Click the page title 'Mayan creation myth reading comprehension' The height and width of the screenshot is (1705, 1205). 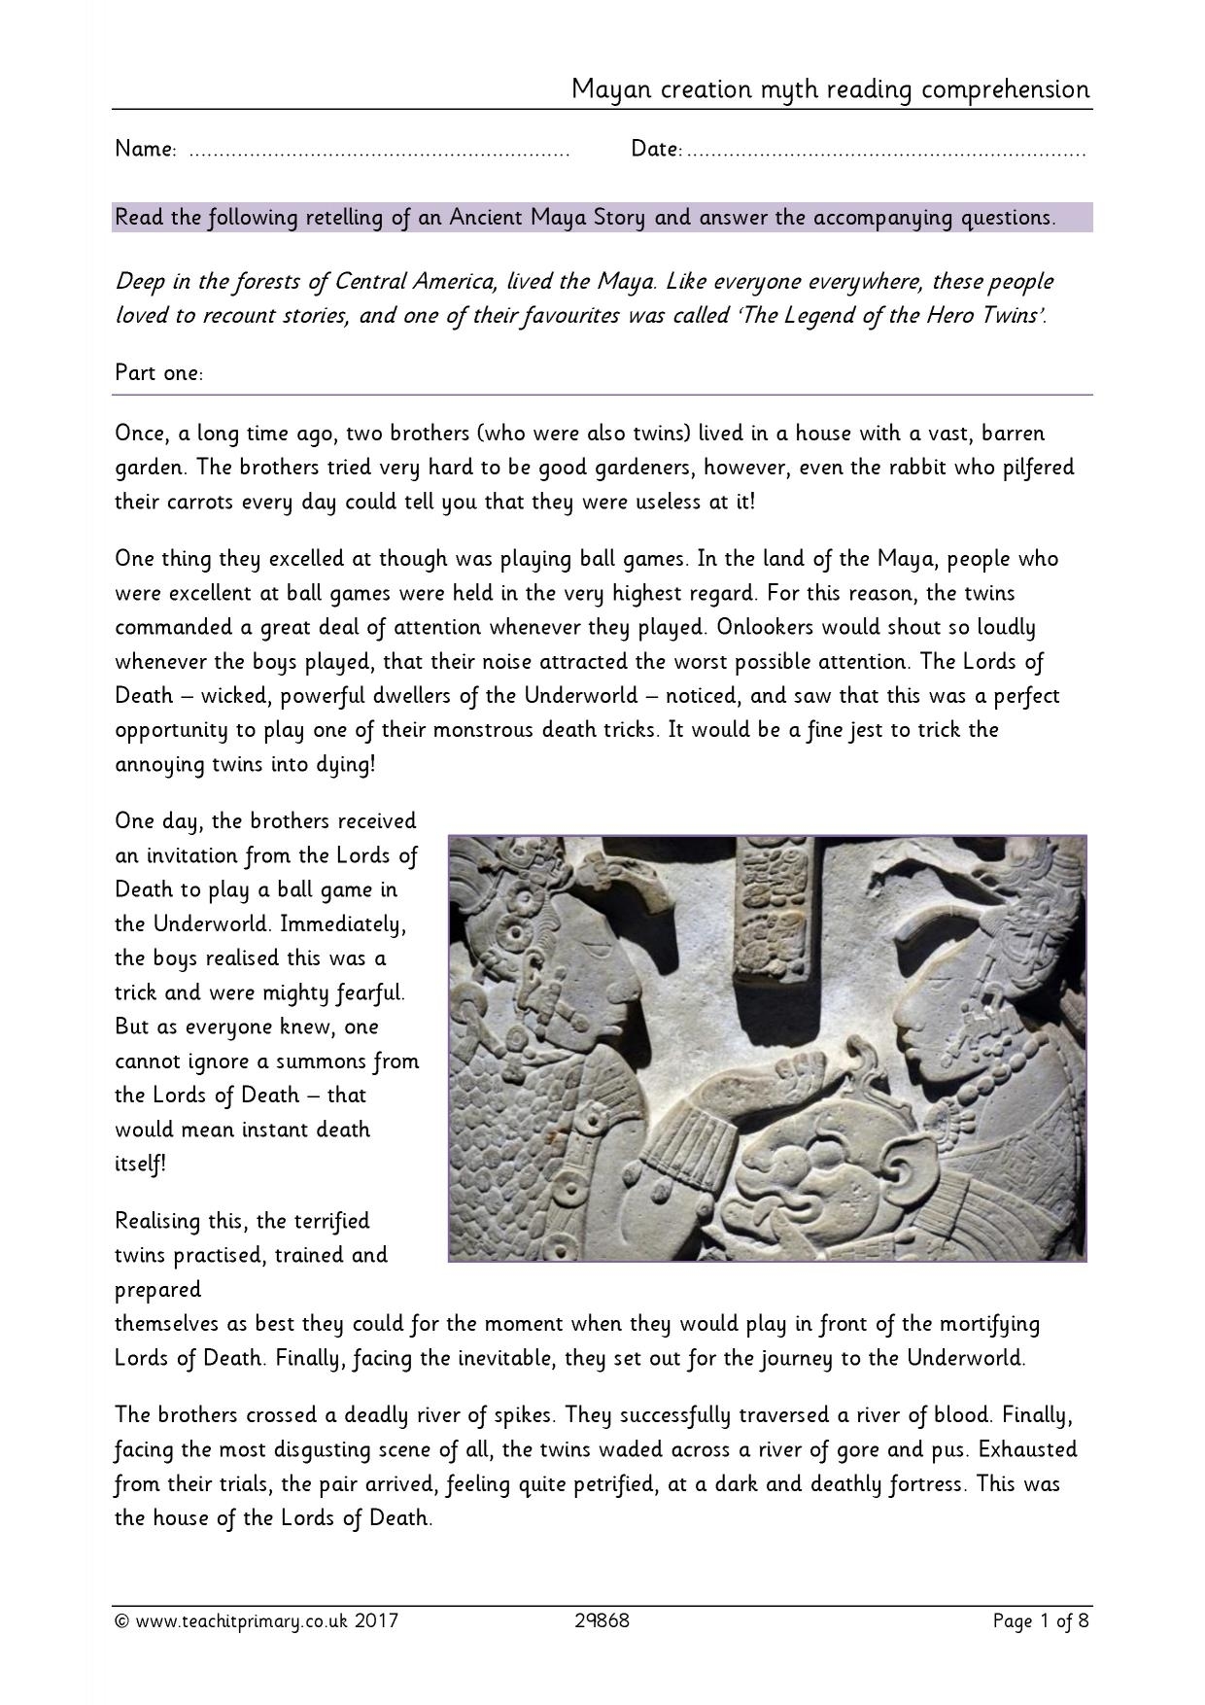tap(830, 89)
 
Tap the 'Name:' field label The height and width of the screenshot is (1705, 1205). tap(146, 150)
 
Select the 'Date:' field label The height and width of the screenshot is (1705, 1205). tap(656, 150)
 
